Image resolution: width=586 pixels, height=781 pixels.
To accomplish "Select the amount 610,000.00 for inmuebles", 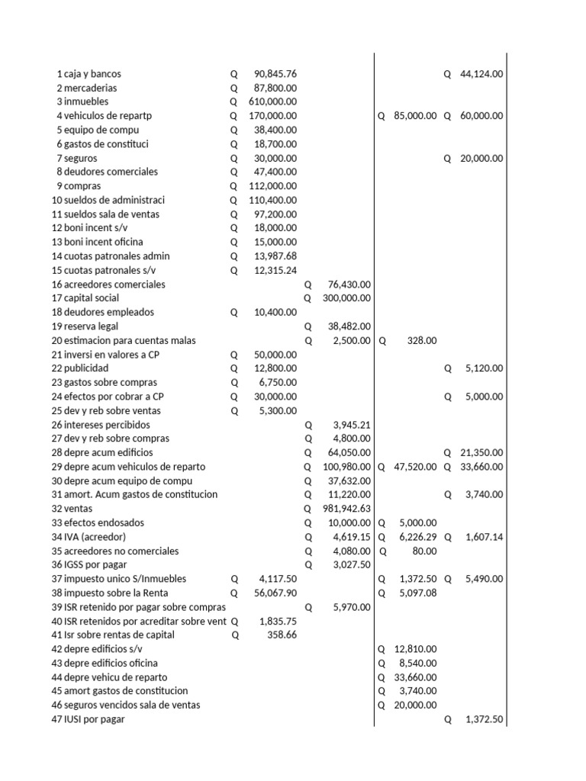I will pos(272,101).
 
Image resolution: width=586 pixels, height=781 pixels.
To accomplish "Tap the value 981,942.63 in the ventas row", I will pos(346,509).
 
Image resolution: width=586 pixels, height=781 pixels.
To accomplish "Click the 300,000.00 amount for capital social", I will pos(346,298).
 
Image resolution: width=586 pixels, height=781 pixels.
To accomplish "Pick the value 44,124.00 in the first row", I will pos(481,74).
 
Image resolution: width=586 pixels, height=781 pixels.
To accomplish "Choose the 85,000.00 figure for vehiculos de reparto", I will pos(415,116).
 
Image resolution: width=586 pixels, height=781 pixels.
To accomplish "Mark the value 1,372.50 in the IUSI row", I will pos(484,719).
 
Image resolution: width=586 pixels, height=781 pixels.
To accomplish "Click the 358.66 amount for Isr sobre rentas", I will pos(280,635).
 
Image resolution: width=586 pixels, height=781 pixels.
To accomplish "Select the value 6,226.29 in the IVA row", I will pos(417,537).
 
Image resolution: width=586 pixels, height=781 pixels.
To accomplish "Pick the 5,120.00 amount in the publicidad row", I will pos(484,368).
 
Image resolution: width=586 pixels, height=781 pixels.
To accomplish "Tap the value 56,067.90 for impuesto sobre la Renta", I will pos(275,593).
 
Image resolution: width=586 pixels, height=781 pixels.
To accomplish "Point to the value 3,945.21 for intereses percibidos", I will pos(352,425).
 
